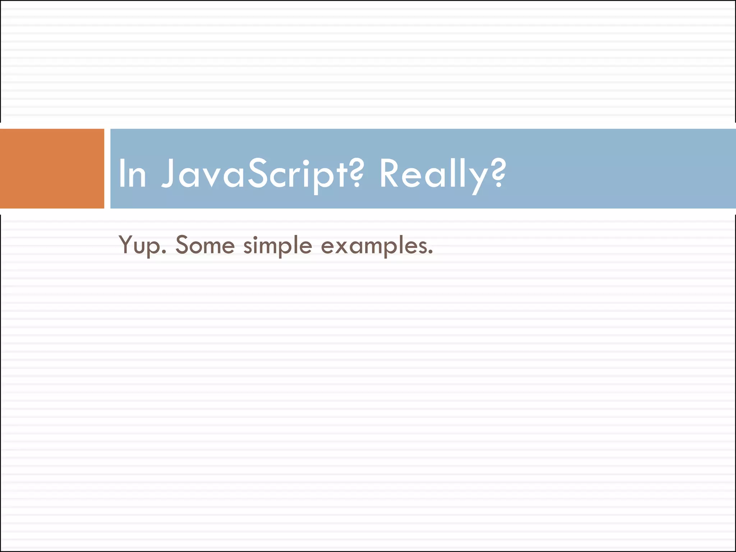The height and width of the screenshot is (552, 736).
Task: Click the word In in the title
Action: [132, 174]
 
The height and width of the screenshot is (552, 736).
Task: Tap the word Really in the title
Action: [431, 174]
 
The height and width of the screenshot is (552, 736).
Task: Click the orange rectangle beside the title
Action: [52, 169]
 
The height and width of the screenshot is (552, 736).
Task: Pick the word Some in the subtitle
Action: [205, 245]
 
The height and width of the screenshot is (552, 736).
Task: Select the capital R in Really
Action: [390, 174]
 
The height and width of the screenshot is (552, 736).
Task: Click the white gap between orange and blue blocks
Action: [107, 169]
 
